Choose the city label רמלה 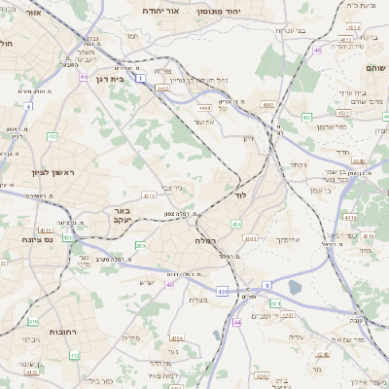click(x=204, y=238)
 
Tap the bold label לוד click(x=242, y=194)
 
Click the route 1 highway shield click(x=140, y=76)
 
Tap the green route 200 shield click(x=140, y=246)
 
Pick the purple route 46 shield click(x=317, y=49)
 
